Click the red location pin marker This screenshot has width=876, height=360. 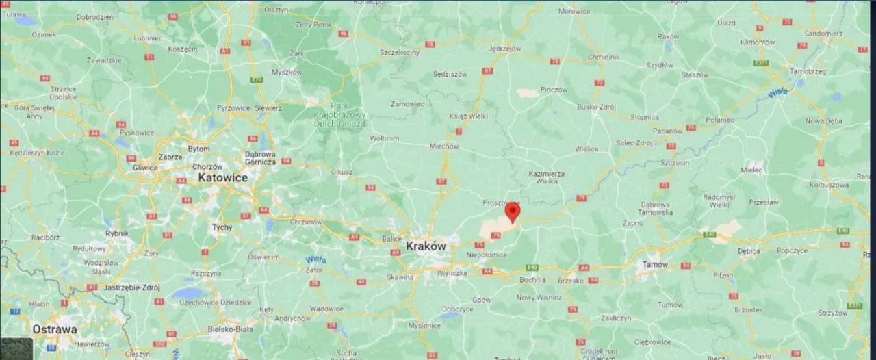[512, 213]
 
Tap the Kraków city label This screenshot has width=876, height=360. [426, 246]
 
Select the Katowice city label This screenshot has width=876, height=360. [223, 177]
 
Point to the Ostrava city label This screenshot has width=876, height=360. [55, 329]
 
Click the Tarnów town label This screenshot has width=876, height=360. [656, 263]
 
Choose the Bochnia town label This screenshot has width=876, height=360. [532, 279]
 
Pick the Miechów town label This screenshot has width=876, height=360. [444, 146]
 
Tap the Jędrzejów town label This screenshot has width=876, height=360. [505, 49]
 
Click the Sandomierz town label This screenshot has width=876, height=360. [824, 33]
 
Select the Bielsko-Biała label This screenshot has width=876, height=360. [231, 329]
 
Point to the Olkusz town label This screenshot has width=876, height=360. [342, 172]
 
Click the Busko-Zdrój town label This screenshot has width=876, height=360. [596, 107]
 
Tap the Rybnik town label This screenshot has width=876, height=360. [117, 233]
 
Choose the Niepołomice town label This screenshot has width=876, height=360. [487, 255]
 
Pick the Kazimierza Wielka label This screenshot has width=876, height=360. [547, 178]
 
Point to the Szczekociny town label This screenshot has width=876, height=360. [400, 52]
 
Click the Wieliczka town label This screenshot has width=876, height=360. [451, 273]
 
